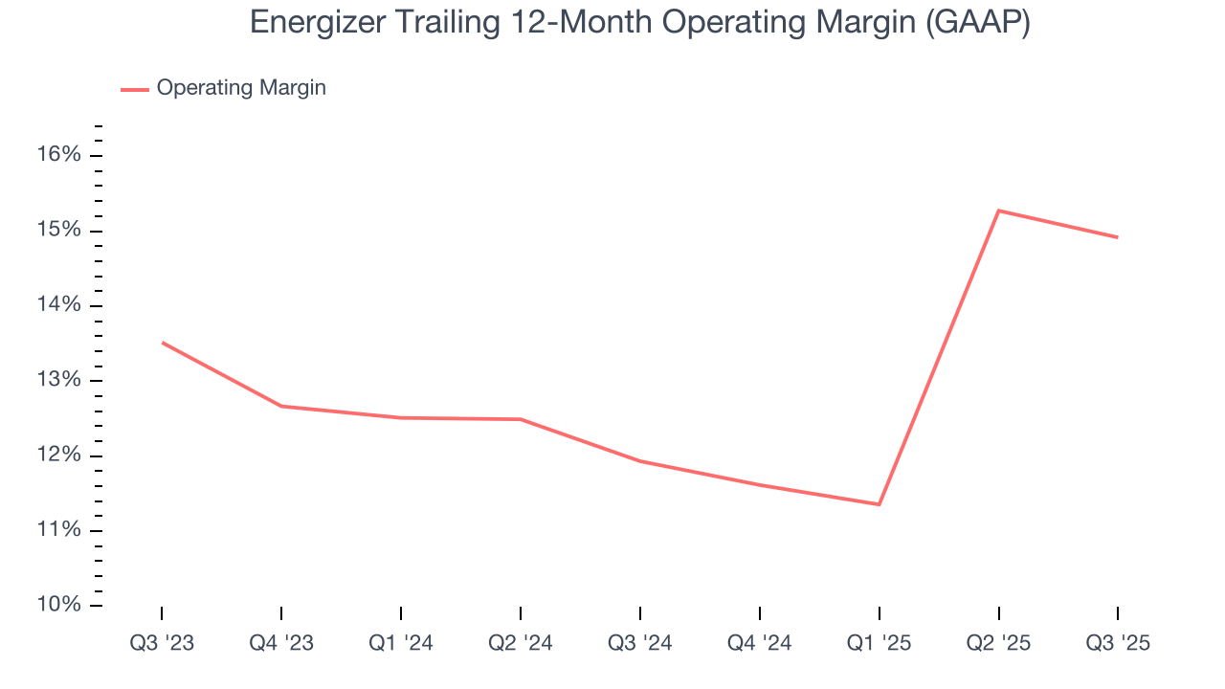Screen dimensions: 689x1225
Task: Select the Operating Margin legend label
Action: pos(241,88)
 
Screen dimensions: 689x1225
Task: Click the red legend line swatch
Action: pos(134,89)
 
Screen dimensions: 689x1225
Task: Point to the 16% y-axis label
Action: pos(59,155)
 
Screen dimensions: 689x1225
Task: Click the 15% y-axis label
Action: pos(59,231)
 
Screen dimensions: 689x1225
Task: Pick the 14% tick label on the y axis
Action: pos(59,305)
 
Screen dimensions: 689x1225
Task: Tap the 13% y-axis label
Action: pos(59,381)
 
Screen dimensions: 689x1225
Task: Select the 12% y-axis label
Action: pos(59,456)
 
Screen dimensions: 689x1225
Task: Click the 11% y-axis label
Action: pos(59,530)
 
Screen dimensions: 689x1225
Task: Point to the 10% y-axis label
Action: pos(59,605)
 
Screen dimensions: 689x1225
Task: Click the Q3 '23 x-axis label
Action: pos(162,643)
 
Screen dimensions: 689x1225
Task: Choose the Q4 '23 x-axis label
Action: pos(281,643)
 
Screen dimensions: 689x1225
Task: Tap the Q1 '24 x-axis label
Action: pos(401,643)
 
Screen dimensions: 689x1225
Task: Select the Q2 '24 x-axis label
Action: pos(521,643)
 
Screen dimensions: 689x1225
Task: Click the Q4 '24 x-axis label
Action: pos(760,643)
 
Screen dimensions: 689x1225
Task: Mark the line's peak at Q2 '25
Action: pos(999,211)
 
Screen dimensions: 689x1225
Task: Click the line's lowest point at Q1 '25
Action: pos(880,504)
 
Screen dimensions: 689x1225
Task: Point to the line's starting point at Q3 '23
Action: pos(162,342)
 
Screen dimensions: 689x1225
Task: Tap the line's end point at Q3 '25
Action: pos(1118,237)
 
